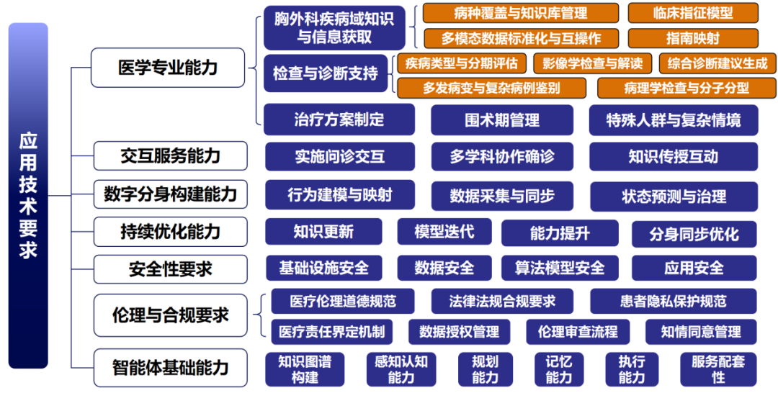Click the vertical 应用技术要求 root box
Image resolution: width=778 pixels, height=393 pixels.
(x=28, y=196)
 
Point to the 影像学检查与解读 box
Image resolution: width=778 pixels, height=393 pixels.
(x=592, y=63)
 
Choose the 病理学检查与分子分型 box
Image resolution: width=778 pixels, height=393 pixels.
(x=676, y=88)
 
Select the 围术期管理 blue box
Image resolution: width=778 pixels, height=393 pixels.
(x=501, y=120)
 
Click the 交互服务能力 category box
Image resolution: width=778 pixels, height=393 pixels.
(x=170, y=155)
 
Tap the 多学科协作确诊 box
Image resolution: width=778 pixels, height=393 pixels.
(x=502, y=157)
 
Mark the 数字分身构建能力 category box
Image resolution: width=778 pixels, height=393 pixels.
(x=170, y=194)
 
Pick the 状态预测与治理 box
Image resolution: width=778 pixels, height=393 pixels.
(x=674, y=196)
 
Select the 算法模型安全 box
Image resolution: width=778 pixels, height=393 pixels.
(x=560, y=268)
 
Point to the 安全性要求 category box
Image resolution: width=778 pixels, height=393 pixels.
(x=170, y=269)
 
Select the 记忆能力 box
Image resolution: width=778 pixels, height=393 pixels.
(x=558, y=369)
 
